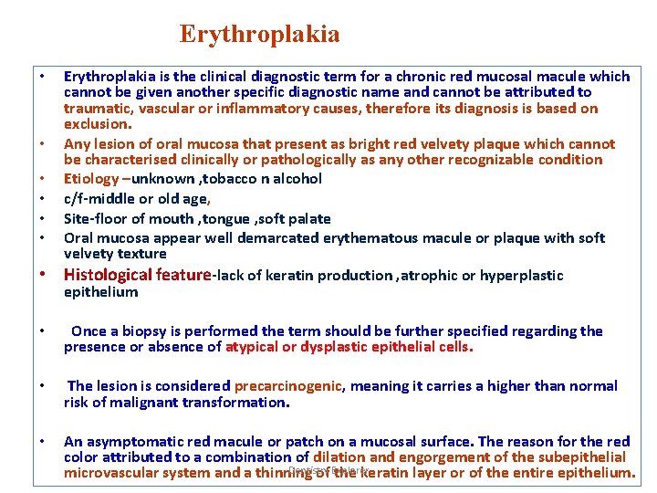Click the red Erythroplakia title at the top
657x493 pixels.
[x=260, y=35]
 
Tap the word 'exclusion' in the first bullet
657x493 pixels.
[x=97, y=124]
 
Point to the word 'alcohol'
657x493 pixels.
[x=295, y=179]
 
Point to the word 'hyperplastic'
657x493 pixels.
[x=521, y=276]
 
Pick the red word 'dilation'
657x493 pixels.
[x=341, y=457]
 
